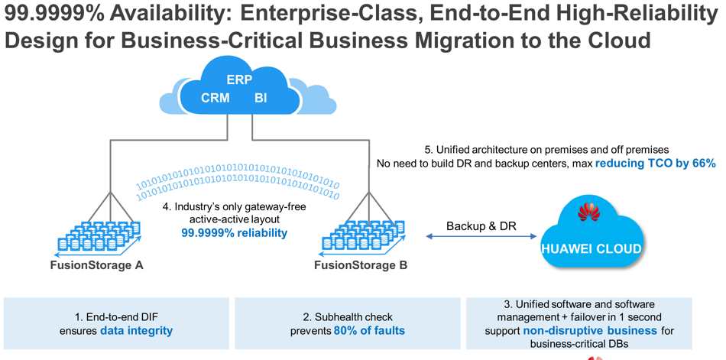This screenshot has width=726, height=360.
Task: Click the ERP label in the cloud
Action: (x=239, y=79)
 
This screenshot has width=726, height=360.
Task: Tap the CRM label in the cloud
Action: (x=216, y=99)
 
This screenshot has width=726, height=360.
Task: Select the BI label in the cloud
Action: (x=261, y=99)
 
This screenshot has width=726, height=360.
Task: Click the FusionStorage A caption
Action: (x=97, y=265)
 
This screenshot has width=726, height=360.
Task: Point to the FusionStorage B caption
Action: (x=361, y=265)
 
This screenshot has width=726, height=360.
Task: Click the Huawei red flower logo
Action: (x=589, y=212)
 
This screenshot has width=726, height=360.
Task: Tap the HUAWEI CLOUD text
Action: (x=591, y=249)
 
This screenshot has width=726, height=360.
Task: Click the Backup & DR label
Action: (x=481, y=226)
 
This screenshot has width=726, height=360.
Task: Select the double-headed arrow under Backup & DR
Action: (x=481, y=236)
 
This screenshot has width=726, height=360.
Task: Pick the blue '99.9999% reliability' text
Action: (x=234, y=232)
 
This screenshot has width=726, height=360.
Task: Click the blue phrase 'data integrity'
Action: (x=136, y=331)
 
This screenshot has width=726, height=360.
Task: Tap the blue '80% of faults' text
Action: (x=369, y=331)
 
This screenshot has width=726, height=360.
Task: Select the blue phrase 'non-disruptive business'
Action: (x=590, y=331)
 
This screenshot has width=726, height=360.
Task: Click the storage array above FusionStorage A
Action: (x=98, y=238)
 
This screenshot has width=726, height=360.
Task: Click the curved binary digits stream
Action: (x=238, y=185)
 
